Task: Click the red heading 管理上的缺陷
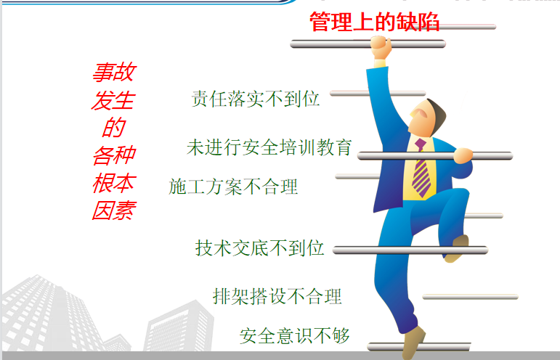click(374, 22)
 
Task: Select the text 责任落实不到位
click(255, 99)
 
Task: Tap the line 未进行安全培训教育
click(269, 147)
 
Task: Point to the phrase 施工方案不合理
click(233, 187)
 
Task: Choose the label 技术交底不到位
click(259, 248)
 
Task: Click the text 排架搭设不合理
click(277, 296)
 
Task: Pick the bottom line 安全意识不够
click(294, 336)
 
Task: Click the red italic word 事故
click(114, 72)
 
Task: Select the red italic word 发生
click(113, 100)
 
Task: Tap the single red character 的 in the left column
click(113, 127)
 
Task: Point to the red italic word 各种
click(113, 155)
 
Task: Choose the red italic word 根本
click(113, 183)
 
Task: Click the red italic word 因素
click(114, 210)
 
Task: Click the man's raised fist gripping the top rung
click(381, 47)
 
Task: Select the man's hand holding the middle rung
click(463, 155)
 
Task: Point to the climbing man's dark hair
click(437, 115)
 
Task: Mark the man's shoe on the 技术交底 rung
click(458, 248)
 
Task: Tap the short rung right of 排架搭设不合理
click(470, 297)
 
